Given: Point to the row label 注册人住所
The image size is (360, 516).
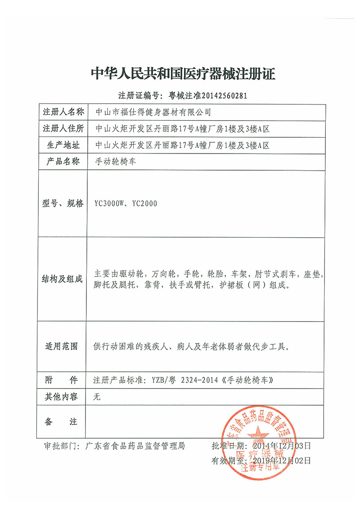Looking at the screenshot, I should (63, 129).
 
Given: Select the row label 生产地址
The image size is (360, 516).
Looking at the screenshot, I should (63, 145).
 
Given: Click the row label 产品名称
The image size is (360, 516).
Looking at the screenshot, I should (63, 161).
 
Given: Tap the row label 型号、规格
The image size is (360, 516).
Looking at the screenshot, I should (63, 204).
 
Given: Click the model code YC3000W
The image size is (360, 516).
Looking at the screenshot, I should (108, 204).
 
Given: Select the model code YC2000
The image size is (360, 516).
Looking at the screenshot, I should (145, 204).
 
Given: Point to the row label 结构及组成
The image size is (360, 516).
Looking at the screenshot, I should (63, 280).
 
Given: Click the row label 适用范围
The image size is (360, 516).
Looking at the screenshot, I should (63, 346).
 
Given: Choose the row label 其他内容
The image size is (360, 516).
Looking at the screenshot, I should (63, 396).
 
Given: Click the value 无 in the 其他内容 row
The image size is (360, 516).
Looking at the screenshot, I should (95, 397).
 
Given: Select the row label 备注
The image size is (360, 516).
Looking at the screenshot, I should (63, 421).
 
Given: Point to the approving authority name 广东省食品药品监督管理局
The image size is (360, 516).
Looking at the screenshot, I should (132, 446).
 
